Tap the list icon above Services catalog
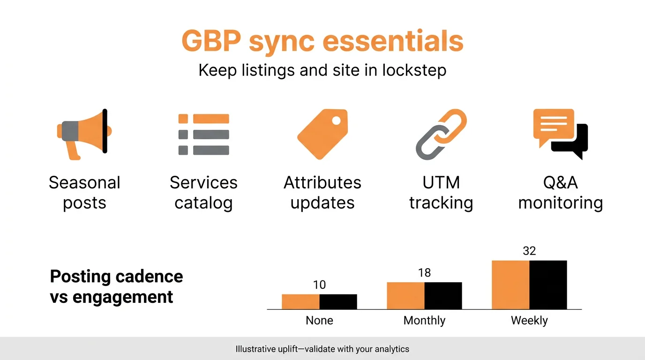pyautogui.click(x=203, y=134)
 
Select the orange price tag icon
pyautogui.click(x=322, y=134)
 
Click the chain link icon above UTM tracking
pyautogui.click(x=441, y=134)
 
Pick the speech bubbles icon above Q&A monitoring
pyautogui.click(x=560, y=134)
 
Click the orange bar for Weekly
pyautogui.click(x=510, y=285)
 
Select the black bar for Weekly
pyautogui.click(x=548, y=285)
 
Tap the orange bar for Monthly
pyautogui.click(x=405, y=295)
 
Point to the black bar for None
pyautogui.click(x=338, y=301)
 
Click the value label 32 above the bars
pyautogui.click(x=529, y=251)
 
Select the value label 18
pyautogui.click(x=424, y=273)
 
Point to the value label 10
pyautogui.click(x=319, y=285)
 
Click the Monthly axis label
pyautogui.click(x=424, y=321)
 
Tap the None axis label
pyautogui.click(x=319, y=321)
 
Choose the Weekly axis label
pyautogui.click(x=529, y=321)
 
